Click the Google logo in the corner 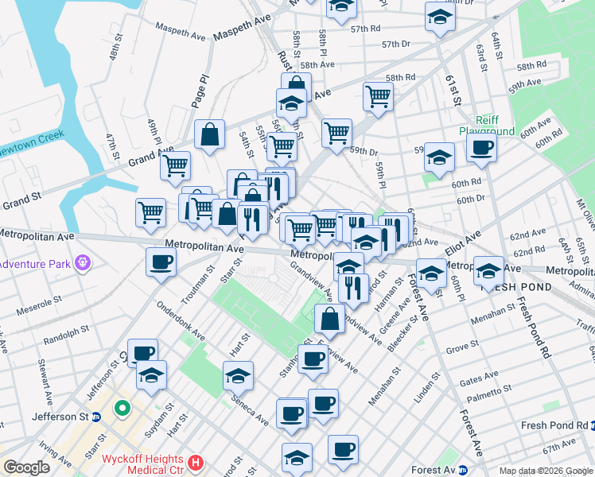[27, 467]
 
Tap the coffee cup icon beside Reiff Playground [481, 147]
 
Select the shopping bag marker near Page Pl [209, 135]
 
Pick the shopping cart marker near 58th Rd [378, 96]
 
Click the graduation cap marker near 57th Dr [439, 17]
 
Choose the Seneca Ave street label [250, 406]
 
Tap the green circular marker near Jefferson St [122, 409]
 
